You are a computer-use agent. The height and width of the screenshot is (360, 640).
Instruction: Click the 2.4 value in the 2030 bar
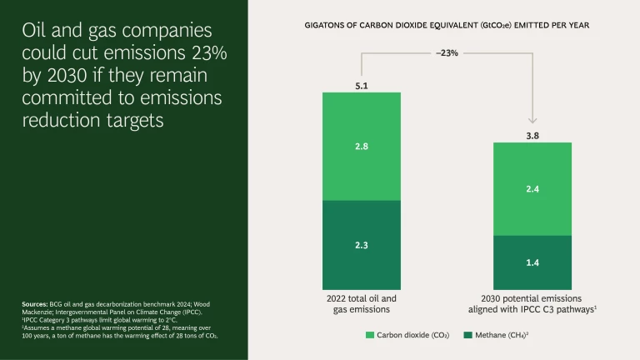tap(532, 189)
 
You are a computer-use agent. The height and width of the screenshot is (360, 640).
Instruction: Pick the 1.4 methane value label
tap(532, 262)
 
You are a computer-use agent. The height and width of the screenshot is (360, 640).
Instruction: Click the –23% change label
tap(447, 52)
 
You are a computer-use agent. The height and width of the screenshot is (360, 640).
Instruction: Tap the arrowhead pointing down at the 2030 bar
tap(532, 119)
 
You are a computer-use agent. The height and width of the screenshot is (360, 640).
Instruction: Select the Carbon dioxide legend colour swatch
tap(371, 335)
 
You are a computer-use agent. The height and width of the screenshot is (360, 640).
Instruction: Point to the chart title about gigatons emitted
tap(447, 25)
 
